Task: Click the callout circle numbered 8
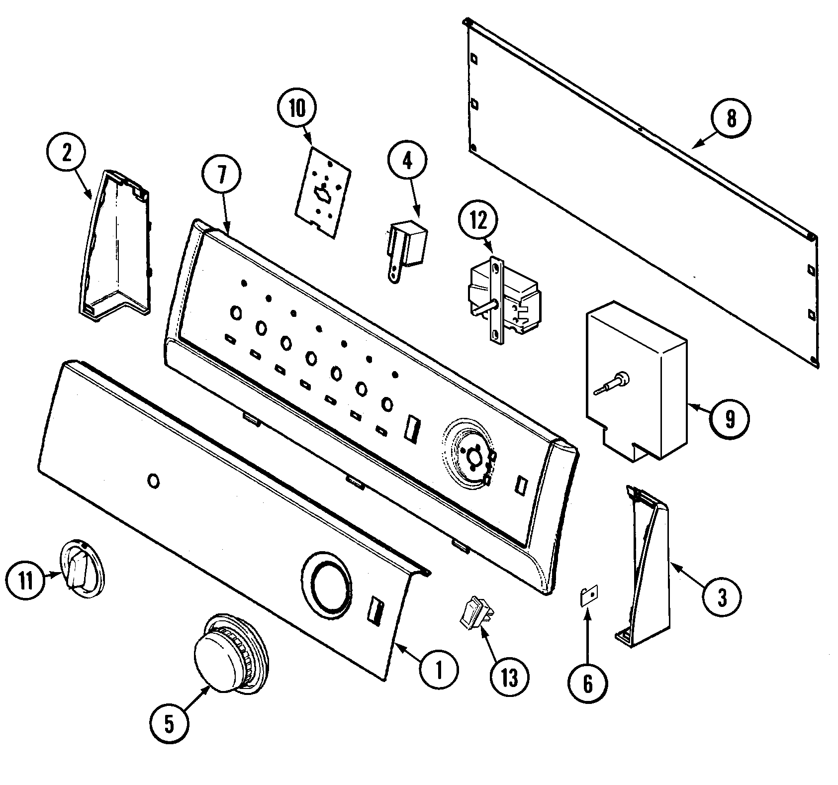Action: (731, 119)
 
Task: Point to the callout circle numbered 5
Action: (169, 725)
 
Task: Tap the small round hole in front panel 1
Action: (154, 481)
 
